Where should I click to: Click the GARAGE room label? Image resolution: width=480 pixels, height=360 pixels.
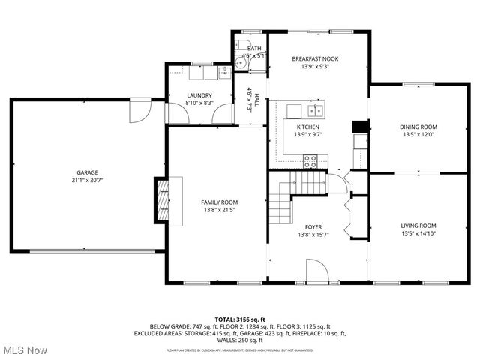tap(87, 172)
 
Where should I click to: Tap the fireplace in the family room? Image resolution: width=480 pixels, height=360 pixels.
tap(163, 200)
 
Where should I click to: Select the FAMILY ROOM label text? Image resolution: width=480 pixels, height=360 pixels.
tap(219, 202)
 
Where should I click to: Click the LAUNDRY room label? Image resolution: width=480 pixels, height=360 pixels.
tap(199, 94)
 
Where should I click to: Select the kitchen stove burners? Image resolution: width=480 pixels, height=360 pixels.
tap(310, 159)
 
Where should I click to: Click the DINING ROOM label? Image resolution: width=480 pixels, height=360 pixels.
tap(418, 127)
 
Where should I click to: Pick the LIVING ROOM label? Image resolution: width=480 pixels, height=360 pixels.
tap(418, 226)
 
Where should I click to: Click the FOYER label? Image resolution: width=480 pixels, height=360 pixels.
tap(313, 226)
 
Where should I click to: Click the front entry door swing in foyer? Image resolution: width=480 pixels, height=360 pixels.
tap(316, 271)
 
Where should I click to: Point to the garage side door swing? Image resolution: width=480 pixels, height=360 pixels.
tap(139, 111)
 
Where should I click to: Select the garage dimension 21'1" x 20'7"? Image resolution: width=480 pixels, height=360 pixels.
tap(87, 181)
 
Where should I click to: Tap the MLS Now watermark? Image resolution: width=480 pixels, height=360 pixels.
tap(24, 350)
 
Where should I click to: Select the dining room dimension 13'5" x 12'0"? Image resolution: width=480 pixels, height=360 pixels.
tap(418, 136)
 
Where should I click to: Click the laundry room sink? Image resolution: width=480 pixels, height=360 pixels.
tap(223, 73)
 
